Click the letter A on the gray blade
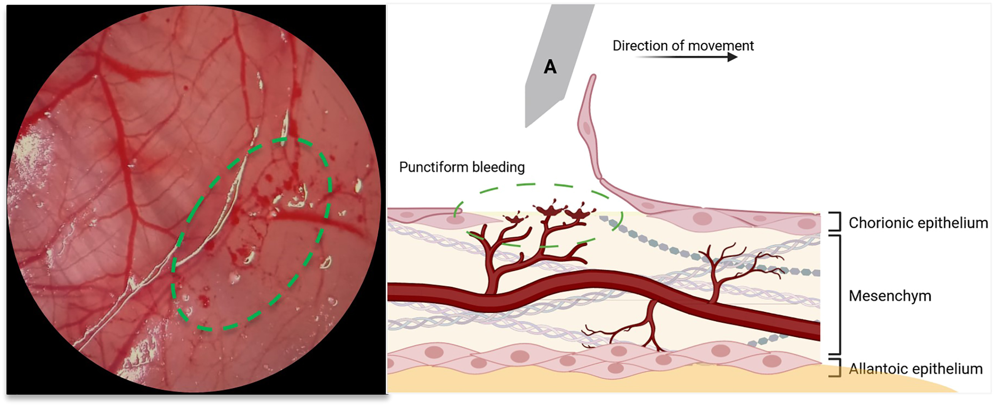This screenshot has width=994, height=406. tap(550, 67)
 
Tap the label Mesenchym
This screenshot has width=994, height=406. tap(890, 296)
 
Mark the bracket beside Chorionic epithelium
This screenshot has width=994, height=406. tap(836, 221)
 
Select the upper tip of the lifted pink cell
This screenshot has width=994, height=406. tap(592, 77)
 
